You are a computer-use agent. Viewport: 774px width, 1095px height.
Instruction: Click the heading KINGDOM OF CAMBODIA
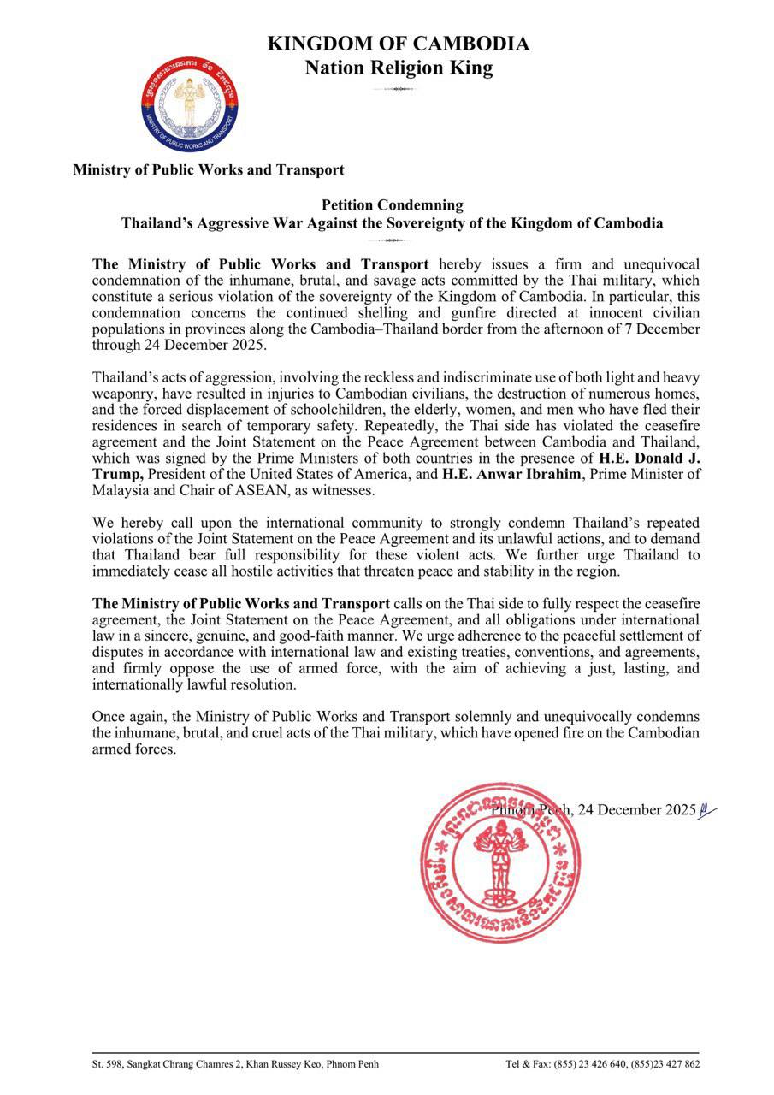pyautogui.click(x=398, y=44)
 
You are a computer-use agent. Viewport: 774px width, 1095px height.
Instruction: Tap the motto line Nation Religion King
pyautogui.click(x=398, y=68)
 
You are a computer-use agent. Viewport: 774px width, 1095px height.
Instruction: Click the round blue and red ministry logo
pyautogui.click(x=190, y=104)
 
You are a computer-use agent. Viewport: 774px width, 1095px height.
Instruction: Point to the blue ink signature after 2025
pyautogui.click(x=707, y=809)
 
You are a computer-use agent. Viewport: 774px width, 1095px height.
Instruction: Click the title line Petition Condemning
pyautogui.click(x=393, y=205)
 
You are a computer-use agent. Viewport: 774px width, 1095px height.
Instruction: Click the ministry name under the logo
pyautogui.click(x=209, y=169)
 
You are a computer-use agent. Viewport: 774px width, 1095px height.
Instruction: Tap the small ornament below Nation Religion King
pyautogui.click(x=398, y=89)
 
